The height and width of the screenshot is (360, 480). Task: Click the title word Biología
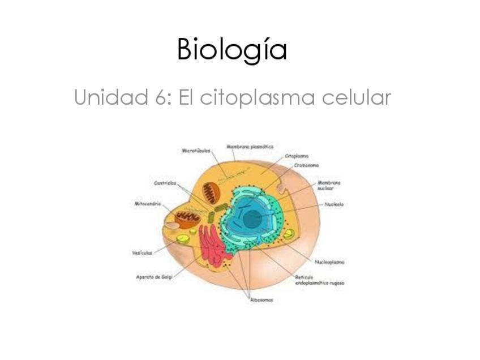232,50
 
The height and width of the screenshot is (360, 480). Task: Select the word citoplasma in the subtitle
258,98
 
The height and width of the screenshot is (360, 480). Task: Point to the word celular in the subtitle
356,98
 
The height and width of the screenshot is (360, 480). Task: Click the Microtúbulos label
196,151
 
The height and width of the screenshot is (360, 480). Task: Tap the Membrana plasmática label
250,146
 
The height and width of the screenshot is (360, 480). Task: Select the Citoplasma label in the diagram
297,156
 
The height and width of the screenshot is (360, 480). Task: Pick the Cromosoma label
306,165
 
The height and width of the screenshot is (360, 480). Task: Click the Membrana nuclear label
328,185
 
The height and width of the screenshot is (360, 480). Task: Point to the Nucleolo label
334,204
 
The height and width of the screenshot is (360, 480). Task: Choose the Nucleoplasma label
330,262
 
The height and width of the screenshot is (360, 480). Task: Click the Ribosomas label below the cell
262,300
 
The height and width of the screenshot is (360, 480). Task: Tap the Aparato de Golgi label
153,277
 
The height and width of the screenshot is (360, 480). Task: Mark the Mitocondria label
148,204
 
